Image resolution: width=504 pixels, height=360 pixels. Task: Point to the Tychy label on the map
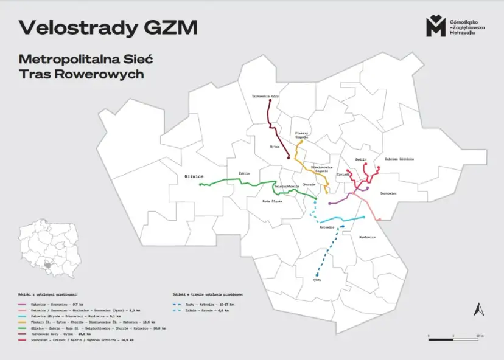[x=317, y=280]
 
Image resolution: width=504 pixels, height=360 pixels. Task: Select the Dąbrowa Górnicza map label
[x=399, y=159]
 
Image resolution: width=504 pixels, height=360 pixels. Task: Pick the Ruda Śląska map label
[x=273, y=201]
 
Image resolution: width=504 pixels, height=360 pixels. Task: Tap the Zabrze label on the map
[x=245, y=173]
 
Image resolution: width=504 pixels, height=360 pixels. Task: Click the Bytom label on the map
[x=275, y=147]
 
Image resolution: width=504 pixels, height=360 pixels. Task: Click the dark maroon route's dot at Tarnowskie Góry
[x=269, y=102]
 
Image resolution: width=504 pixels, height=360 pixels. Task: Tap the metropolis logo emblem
[x=435, y=26]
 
